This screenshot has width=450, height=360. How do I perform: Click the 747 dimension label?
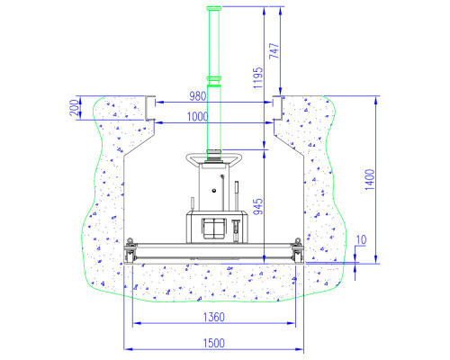tap(274, 50)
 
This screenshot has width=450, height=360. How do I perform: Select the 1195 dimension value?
tap(257, 77)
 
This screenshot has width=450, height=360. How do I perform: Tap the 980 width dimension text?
tap(198, 96)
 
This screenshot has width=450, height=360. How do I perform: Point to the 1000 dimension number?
tap(197, 117)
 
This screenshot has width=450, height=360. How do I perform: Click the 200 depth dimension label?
tap(75, 108)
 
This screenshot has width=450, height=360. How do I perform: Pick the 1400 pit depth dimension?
tap(370, 179)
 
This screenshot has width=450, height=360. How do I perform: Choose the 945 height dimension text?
tap(258, 206)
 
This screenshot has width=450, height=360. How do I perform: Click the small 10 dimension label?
tap(361, 240)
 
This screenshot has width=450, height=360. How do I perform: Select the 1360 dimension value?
tap(214, 317)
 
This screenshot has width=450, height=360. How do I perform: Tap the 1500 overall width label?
tap(214, 343)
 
